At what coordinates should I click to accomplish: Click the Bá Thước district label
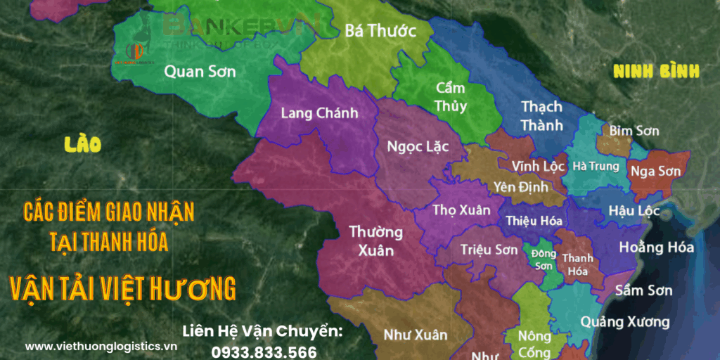point(380,30)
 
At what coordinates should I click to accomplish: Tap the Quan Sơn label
point(200,71)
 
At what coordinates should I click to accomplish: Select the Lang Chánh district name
point(319,113)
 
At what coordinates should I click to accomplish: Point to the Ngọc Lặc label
point(418,146)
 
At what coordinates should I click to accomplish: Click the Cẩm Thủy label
point(450,97)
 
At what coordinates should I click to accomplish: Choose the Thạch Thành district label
point(541,115)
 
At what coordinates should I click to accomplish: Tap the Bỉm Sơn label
point(634,131)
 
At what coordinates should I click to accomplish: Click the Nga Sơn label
point(655,171)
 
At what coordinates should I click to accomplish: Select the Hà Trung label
point(596,167)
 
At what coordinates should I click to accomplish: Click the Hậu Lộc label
point(626,212)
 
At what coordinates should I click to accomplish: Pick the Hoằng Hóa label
point(656,247)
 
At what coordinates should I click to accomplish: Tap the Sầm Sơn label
point(643,290)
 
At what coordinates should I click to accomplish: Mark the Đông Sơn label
point(543,259)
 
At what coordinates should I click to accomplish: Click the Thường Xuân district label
point(376,240)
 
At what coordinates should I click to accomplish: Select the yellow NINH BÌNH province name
point(656,71)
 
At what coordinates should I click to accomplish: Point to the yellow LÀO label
point(82,145)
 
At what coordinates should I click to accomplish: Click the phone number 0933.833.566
point(264,352)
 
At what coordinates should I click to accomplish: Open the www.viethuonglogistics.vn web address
point(101,346)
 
